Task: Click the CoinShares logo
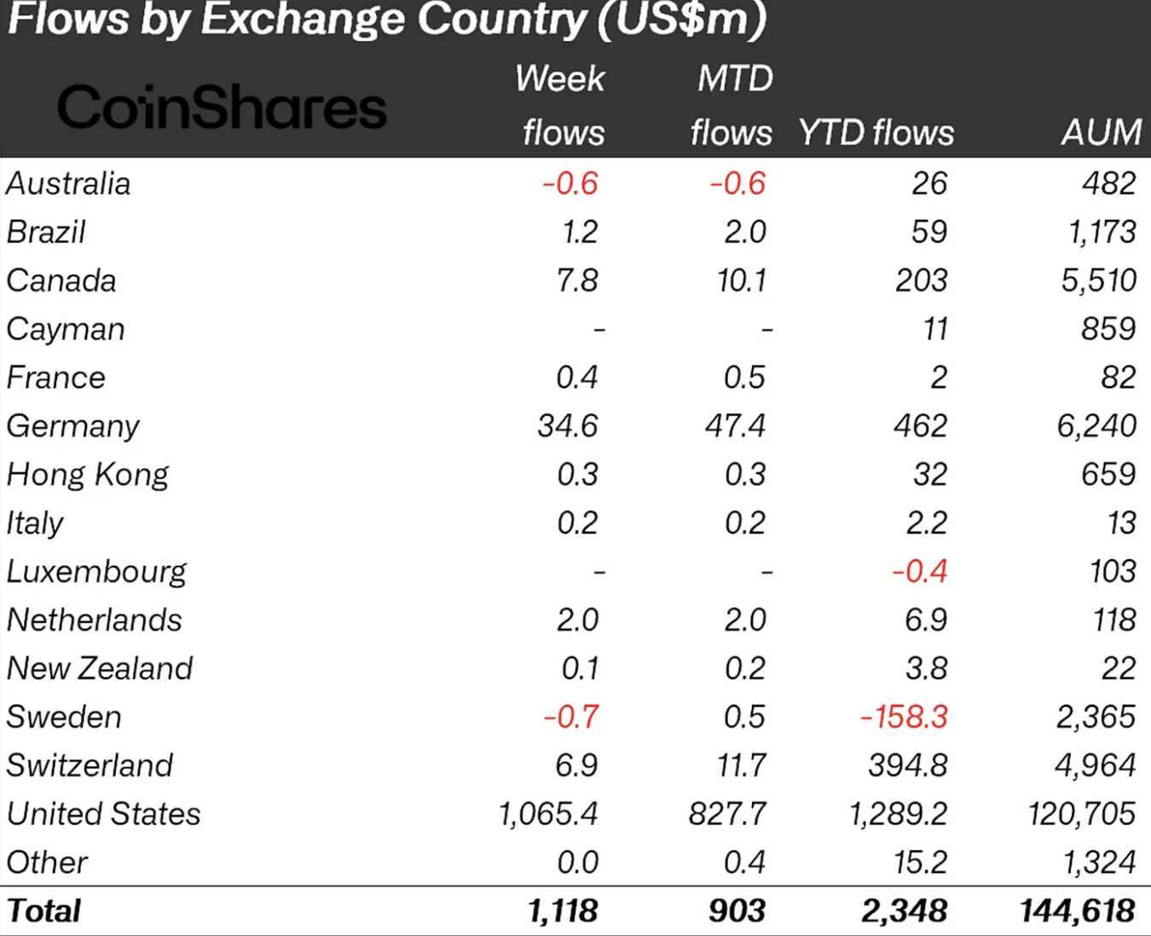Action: point(222,108)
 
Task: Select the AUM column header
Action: point(1101,133)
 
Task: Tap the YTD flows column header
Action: point(876,133)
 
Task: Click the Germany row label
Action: point(72,426)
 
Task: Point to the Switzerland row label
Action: point(90,766)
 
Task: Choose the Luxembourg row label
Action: point(96,572)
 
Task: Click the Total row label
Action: point(44,911)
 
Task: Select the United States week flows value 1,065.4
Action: point(548,814)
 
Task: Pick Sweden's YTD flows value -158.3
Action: point(904,717)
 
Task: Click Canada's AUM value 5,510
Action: point(1098,280)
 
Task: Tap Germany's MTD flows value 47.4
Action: point(735,426)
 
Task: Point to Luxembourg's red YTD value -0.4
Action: point(919,571)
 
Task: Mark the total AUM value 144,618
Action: point(1078,911)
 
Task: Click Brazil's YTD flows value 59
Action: point(928,232)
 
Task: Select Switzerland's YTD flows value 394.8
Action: point(907,766)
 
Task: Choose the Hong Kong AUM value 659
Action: point(1108,474)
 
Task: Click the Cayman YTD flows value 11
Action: point(934,329)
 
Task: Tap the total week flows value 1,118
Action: point(563,911)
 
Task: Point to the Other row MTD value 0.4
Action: point(744,863)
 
